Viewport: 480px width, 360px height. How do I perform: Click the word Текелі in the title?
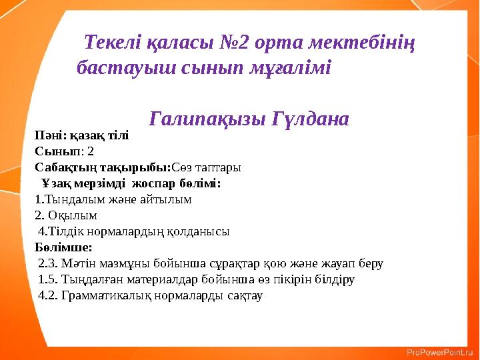[113, 43]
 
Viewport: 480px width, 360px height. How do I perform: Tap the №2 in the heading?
[235, 43]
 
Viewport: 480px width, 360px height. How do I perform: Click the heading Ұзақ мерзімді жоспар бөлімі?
[131, 183]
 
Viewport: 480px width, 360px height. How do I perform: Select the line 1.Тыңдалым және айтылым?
[113, 199]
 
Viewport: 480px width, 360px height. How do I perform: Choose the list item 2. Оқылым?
[66, 215]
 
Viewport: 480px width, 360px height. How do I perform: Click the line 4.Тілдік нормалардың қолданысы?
[134, 232]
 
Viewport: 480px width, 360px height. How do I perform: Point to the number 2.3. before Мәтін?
[47, 263]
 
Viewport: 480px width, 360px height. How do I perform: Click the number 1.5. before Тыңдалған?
[47, 279]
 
